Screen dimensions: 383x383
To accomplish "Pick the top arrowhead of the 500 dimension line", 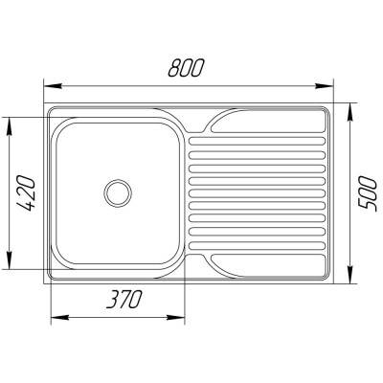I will click(354, 100).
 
